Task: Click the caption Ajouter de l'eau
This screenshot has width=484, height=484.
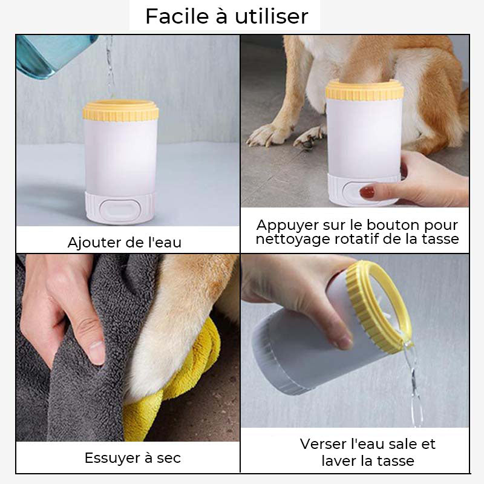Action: point(125,243)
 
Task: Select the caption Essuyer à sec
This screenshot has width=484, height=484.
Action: point(132,458)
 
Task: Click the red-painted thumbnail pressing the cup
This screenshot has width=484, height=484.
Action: point(367,192)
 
